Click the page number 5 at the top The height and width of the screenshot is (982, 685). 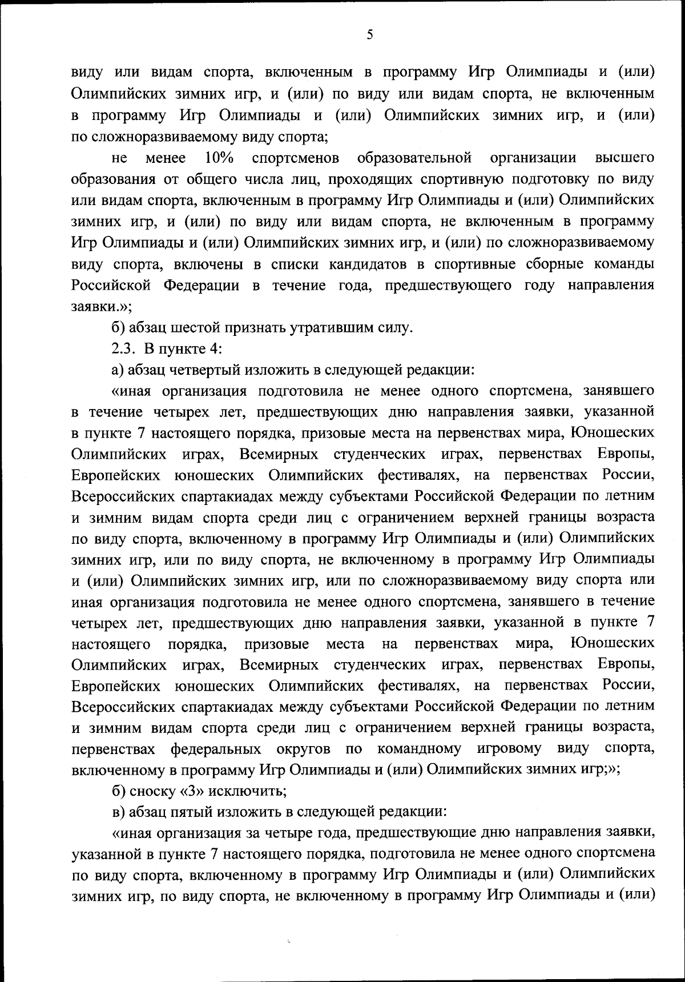(x=370, y=35)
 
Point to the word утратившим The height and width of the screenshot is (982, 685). (x=325, y=328)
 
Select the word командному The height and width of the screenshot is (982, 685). (x=418, y=748)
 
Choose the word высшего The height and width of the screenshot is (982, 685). (x=624, y=157)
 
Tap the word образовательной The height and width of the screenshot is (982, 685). (x=414, y=157)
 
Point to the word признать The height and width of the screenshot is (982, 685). (x=255, y=328)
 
